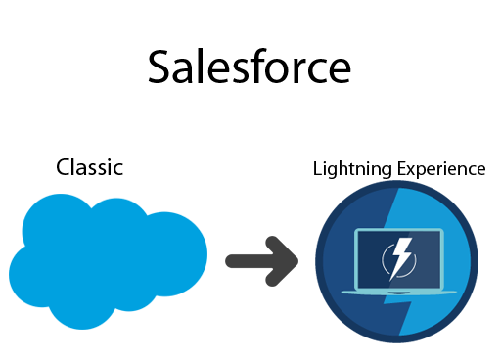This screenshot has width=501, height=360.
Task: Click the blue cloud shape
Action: tap(108, 259)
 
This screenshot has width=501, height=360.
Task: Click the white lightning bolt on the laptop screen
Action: tap(399, 259)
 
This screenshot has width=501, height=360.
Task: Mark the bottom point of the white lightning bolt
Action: tap(392, 281)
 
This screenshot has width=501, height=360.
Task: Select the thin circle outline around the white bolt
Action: tap(384, 259)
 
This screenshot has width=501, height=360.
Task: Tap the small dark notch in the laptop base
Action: tap(398, 292)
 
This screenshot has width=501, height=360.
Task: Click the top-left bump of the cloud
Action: tap(59, 217)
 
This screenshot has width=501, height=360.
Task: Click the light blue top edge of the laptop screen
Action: tap(399, 231)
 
